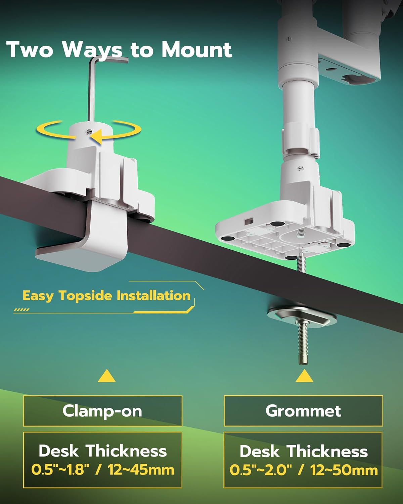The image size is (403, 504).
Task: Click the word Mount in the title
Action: [x=197, y=50]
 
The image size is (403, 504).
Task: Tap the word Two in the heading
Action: [x=30, y=50]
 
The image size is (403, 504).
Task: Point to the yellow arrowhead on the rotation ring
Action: [x=96, y=136]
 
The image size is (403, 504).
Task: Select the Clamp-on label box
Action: [x=102, y=411]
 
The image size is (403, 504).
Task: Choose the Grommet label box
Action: [x=303, y=411]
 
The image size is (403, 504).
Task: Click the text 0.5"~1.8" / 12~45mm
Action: [x=102, y=469]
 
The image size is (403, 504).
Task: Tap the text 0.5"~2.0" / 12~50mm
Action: [x=304, y=470]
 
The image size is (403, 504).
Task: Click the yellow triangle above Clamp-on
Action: [x=106, y=376]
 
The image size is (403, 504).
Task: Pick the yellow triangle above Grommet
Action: [x=304, y=376]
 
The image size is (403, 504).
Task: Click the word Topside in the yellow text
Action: [x=85, y=296]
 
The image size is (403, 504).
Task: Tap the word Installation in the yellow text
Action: [x=153, y=296]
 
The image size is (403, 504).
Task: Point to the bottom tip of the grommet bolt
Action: [x=303, y=364]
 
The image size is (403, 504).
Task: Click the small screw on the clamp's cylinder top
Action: [x=88, y=132]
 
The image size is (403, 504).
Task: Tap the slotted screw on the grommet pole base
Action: [x=301, y=168]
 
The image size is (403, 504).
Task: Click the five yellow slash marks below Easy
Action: [x=21, y=309]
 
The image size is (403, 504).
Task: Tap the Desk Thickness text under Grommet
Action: [x=304, y=451]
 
